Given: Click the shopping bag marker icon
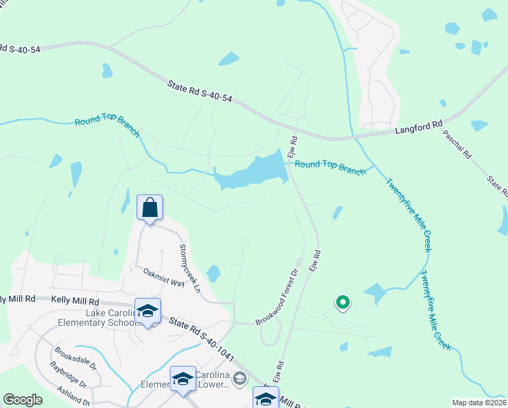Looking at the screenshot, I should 149,207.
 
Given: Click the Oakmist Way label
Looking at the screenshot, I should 163,277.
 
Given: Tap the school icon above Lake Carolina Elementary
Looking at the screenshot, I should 147,310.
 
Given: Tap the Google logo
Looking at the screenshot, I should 22,400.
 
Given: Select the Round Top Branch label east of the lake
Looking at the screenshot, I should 330,168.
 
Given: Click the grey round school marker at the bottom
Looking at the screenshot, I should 238,377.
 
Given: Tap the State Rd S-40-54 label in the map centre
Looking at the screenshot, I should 200,91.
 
